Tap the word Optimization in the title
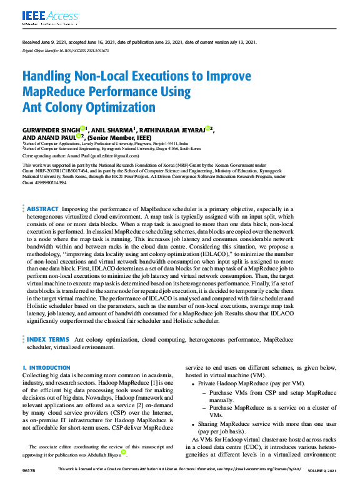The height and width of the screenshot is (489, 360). pyautogui.click(x=120, y=107)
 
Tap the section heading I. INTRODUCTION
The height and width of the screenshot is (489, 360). pyautogui.click(x=46, y=367)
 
